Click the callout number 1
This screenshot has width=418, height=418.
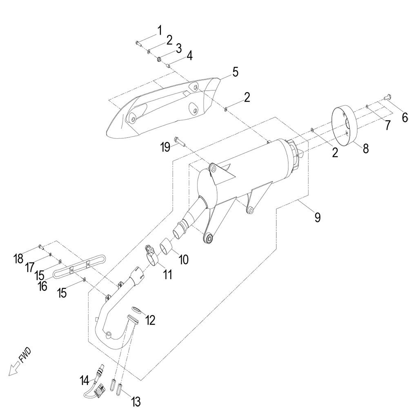(x=160, y=31)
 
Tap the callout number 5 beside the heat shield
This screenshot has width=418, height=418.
(x=235, y=72)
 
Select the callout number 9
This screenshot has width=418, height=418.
(x=317, y=217)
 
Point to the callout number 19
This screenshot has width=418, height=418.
(x=166, y=147)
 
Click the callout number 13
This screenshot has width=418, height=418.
(x=136, y=402)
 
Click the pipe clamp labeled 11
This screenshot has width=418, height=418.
(x=151, y=255)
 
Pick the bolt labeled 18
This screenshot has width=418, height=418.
(x=41, y=247)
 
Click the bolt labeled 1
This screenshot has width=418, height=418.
(x=139, y=43)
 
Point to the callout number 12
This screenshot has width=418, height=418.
(x=150, y=320)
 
